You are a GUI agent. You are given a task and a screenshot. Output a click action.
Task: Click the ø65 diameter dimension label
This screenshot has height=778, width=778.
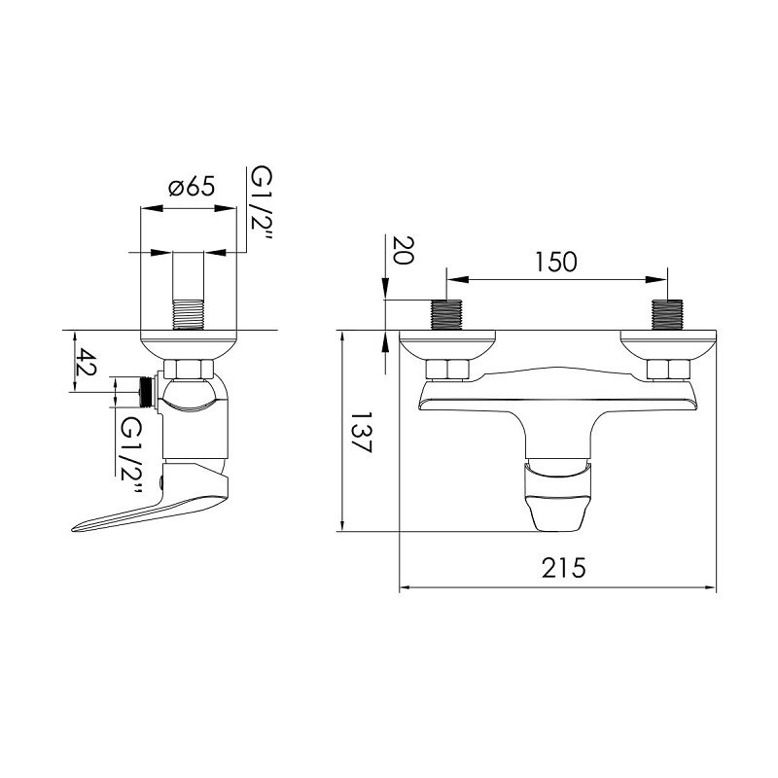(x=192, y=187)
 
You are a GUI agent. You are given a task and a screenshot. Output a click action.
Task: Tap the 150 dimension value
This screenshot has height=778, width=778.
(x=555, y=262)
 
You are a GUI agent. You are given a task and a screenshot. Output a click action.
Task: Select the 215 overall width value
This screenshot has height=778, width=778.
(x=564, y=568)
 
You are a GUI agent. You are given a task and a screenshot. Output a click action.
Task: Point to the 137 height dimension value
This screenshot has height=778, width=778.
(x=361, y=432)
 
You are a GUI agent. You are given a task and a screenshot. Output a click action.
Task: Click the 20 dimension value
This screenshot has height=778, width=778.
(x=403, y=251)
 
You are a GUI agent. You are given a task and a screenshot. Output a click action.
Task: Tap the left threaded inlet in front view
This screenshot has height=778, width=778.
(x=447, y=314)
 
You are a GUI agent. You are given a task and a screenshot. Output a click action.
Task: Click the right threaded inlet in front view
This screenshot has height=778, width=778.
(x=667, y=314)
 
